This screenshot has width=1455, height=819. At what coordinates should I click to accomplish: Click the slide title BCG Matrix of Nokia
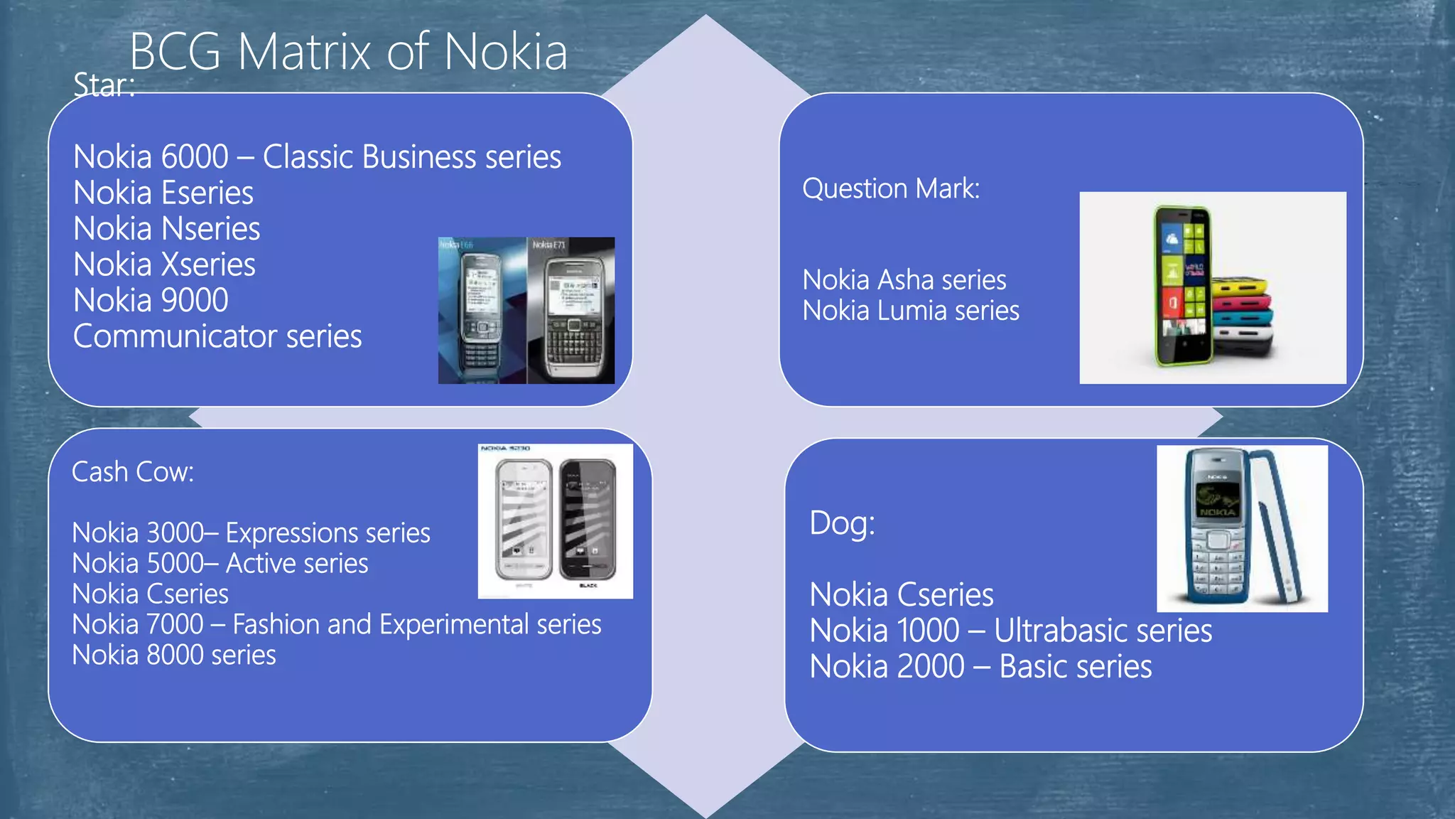[348, 52]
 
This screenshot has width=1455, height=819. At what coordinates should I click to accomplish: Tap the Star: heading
[104, 86]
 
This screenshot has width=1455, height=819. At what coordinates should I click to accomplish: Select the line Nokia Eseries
[163, 193]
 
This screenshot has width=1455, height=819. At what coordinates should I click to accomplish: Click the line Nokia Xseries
[164, 264]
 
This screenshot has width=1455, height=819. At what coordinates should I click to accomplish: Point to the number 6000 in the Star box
[194, 157]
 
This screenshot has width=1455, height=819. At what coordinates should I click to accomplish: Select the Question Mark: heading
[891, 189]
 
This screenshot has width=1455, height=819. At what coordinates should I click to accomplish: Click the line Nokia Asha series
[904, 280]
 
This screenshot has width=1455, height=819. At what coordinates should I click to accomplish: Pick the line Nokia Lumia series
[911, 311]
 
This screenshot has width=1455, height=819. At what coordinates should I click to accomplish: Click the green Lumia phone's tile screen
[1182, 281]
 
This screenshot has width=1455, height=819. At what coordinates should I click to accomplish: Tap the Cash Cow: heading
[133, 472]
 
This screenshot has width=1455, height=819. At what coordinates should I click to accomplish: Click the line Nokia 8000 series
[174, 655]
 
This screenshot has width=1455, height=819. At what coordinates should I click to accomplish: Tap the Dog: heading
[843, 524]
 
